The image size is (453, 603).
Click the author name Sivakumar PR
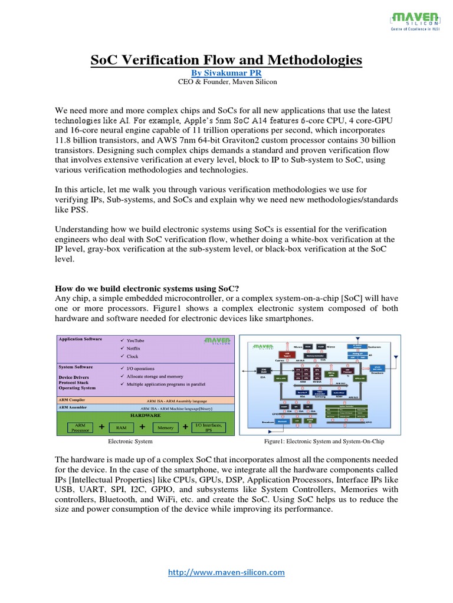pos(226,72)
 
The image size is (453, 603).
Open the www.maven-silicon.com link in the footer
pos(226,572)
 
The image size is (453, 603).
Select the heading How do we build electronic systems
pos(147,289)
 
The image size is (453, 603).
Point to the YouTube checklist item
pos(135,341)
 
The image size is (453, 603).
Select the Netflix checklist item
pos(134,349)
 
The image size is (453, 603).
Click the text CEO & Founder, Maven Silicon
pos(226,82)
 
